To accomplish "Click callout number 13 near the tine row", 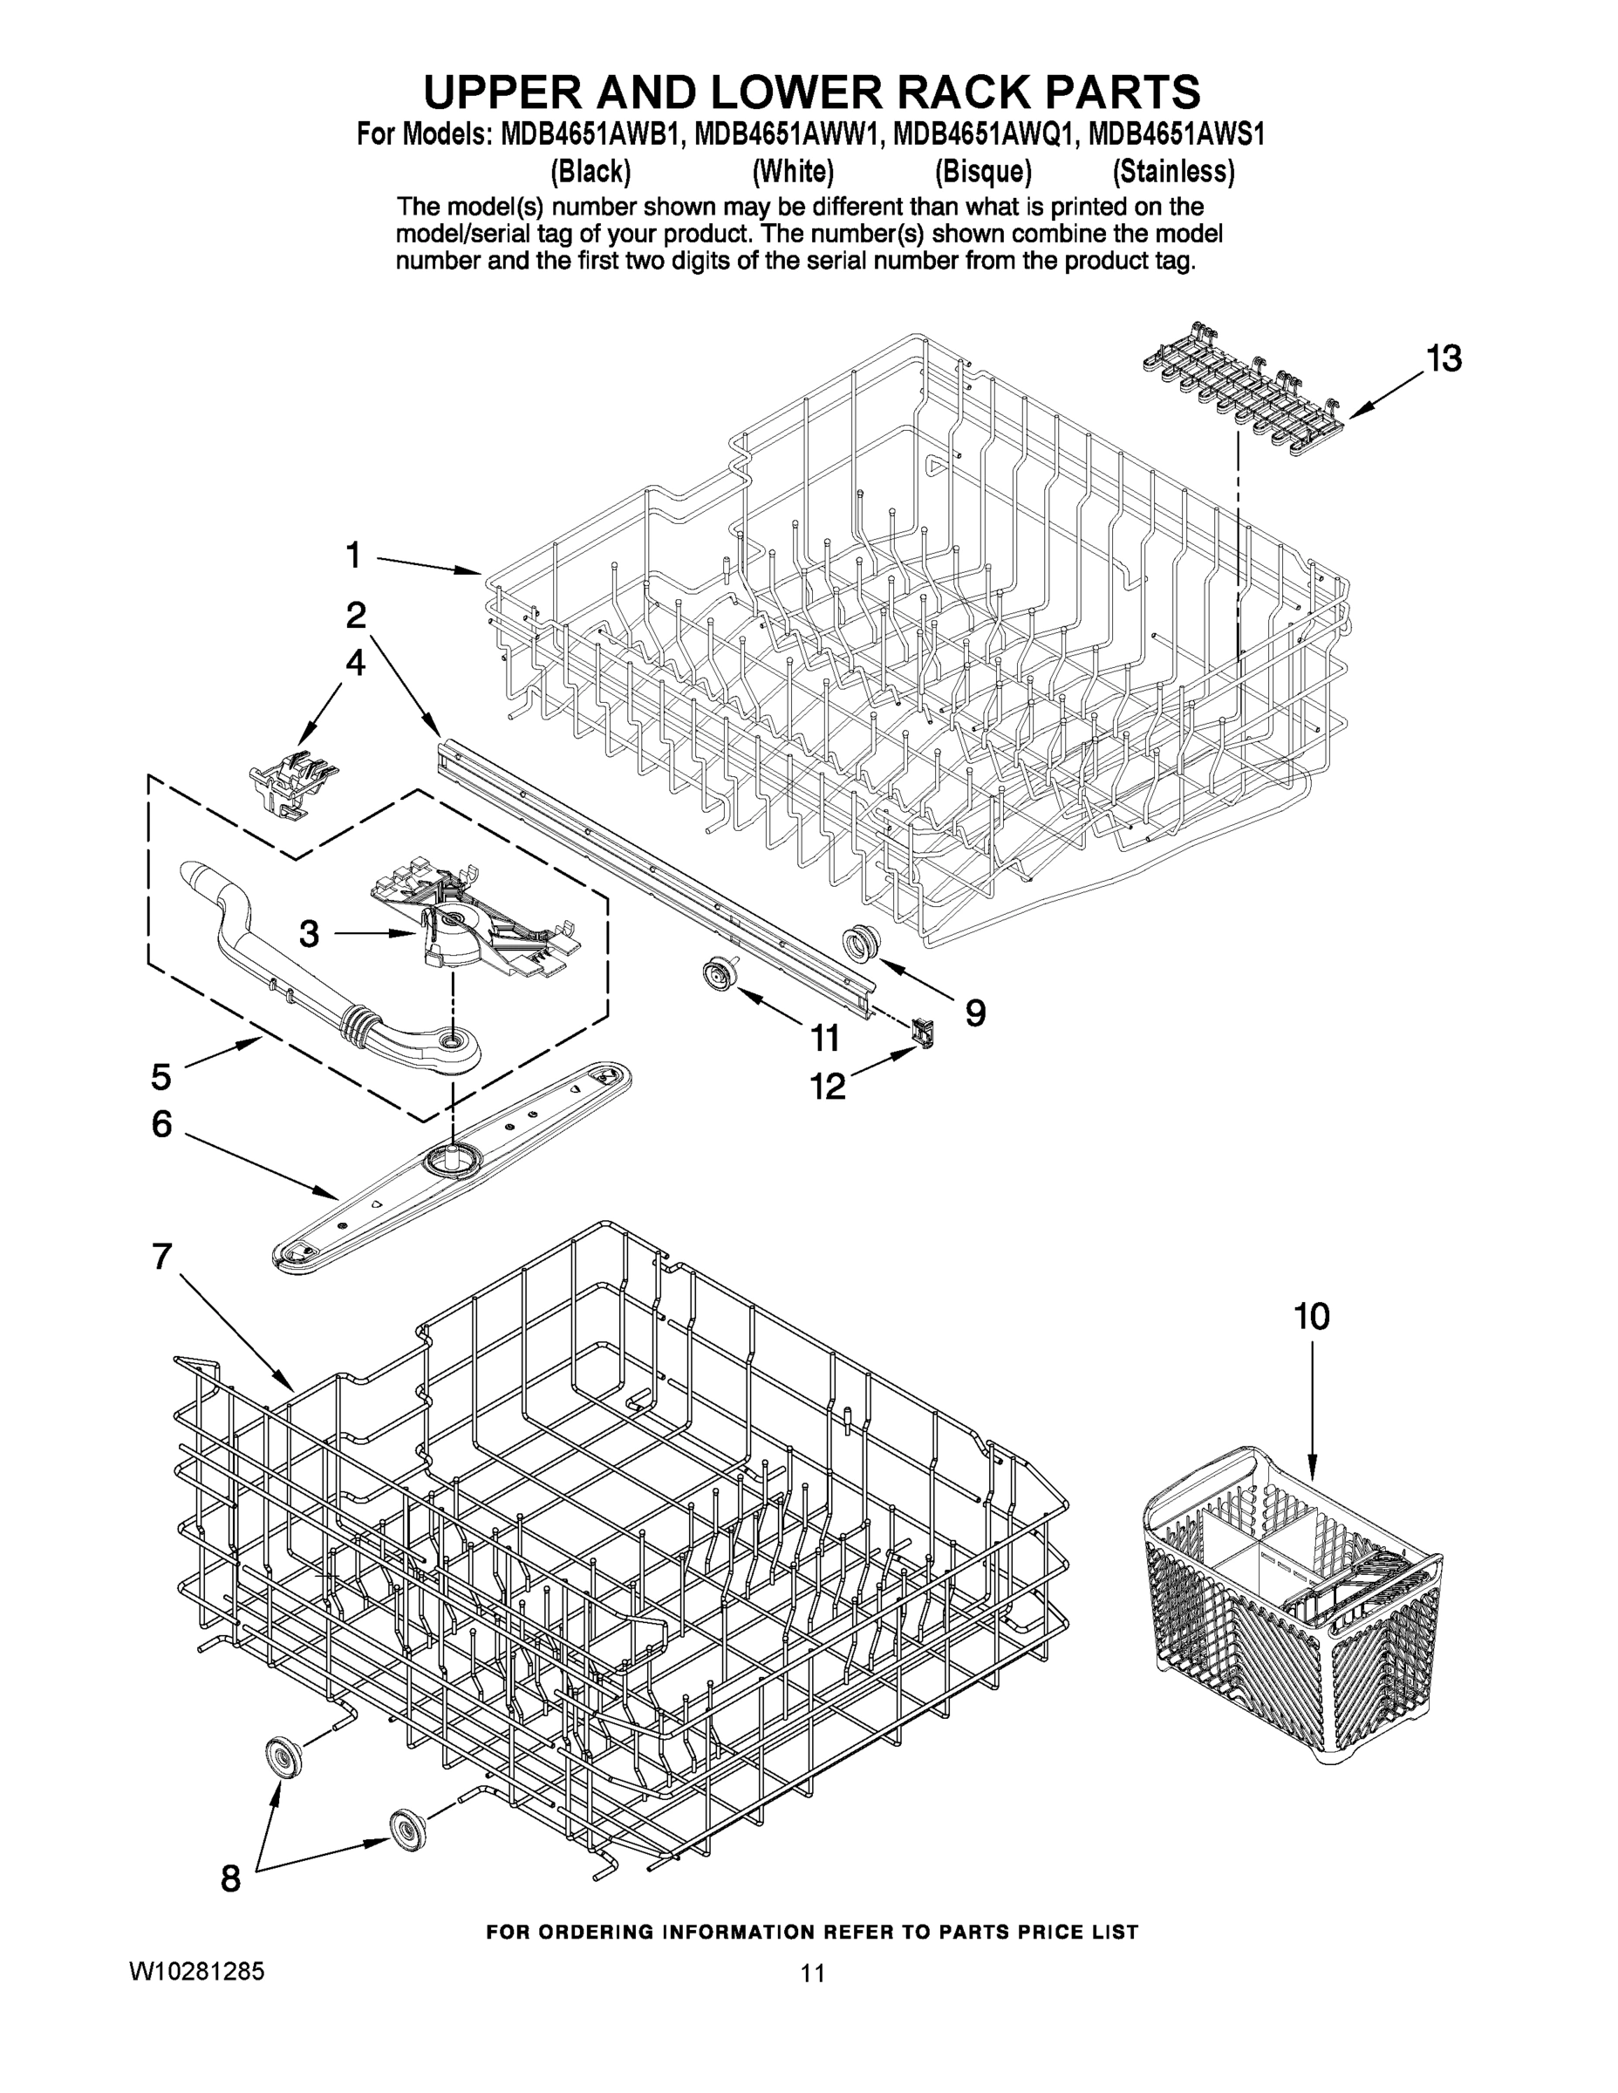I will coord(1443,358).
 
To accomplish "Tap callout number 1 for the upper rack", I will coord(354,555).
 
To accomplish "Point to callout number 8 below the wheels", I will coord(231,1879).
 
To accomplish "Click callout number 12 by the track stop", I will coord(827,1086).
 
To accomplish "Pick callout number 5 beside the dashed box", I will coord(161,1076).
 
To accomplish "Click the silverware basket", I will coord(1294,1610).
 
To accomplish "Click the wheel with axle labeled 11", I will coord(715,976).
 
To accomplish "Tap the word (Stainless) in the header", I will coord(1172,172).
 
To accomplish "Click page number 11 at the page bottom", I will coord(812,1974).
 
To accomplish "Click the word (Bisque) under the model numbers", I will coord(982,172).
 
